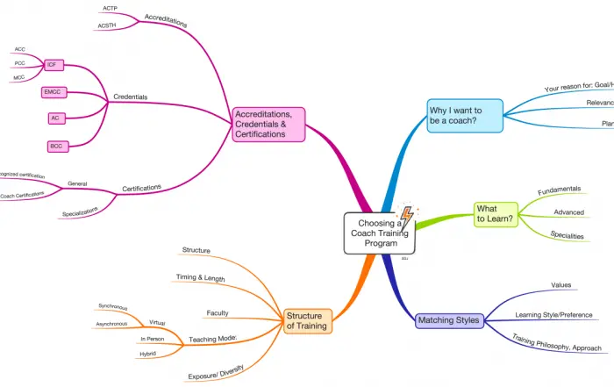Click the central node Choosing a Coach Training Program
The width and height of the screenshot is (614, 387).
coord(377,233)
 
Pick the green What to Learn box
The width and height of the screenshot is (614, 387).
coord(496,213)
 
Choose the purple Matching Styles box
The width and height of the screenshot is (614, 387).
coord(449,320)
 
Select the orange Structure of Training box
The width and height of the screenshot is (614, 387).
coord(308,320)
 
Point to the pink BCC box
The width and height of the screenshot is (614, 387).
coord(55,145)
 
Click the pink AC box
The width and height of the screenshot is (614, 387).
coord(54,118)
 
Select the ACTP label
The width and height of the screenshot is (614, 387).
coord(110,9)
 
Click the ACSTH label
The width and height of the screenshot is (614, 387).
coord(111,26)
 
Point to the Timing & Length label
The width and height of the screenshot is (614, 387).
coord(202,278)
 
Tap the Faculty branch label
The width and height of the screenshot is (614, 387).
coord(218,312)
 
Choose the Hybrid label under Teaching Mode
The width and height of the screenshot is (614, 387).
coord(148,354)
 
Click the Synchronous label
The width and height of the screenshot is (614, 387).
coord(112,308)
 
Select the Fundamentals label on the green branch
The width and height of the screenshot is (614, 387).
coord(559,190)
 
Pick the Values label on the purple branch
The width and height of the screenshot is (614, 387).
coord(561,285)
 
